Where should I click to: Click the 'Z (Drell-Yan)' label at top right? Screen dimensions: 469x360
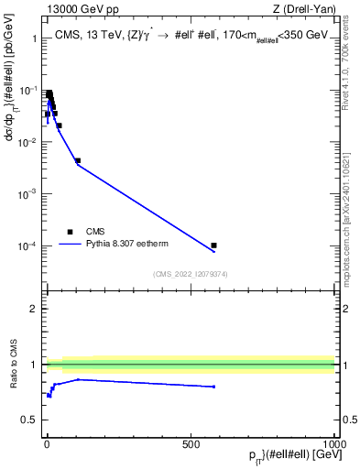pyautogui.click(x=304, y=9)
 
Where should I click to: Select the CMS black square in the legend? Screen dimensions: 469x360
pyautogui.click(x=71, y=232)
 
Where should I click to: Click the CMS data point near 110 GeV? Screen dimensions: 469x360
pyautogui.click(x=78, y=160)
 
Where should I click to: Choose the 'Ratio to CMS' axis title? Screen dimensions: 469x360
pyautogui.click(x=14, y=365)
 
